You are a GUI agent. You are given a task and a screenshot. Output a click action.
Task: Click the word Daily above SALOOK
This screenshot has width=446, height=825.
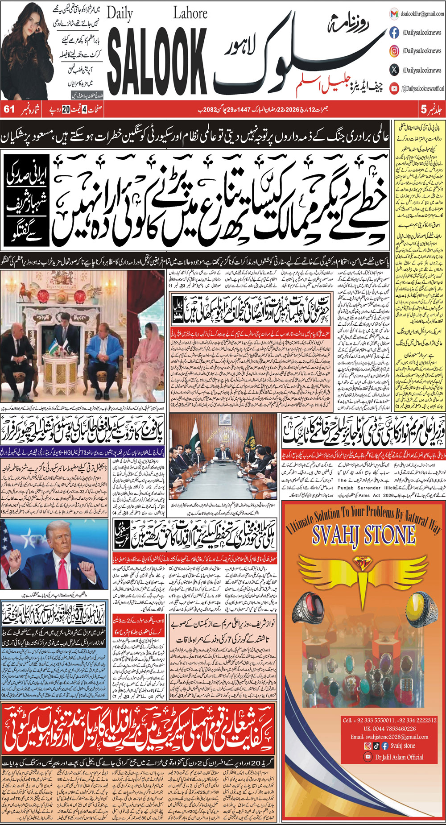point(120,14)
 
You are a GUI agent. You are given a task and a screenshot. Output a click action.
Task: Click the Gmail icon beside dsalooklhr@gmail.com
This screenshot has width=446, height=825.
point(394,14)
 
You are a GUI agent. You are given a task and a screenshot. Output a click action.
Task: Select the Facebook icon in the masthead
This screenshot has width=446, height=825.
point(394,33)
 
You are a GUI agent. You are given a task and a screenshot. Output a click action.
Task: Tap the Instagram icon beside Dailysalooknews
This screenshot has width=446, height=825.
point(394,51)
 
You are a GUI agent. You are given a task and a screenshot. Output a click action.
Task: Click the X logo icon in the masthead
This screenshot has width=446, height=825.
point(394,70)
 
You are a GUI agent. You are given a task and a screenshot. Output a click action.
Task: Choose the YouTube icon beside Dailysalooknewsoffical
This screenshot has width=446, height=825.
point(394,88)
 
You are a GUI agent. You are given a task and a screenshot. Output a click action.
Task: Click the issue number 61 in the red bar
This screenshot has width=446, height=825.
point(9,109)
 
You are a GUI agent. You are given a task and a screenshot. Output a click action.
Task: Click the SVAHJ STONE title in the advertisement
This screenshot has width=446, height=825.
point(363,535)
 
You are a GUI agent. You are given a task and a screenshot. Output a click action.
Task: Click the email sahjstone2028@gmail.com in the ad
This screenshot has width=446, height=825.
point(389,737)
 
